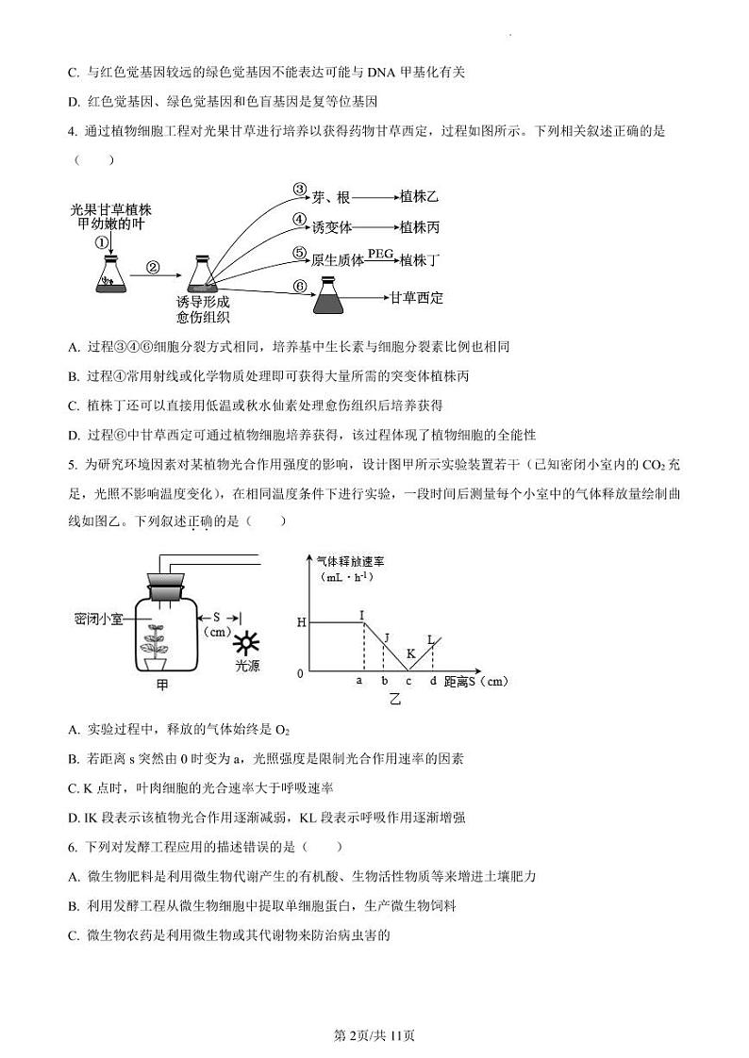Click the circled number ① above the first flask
pos(101,242)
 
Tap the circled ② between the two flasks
pos(155,267)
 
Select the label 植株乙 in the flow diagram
pos(419,197)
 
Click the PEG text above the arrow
pos(380,253)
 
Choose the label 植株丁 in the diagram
pos(420,260)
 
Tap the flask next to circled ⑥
pos(329,299)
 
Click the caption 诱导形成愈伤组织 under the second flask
pos(203,308)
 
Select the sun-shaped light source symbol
pos(248,645)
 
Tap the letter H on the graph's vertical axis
pos(301,622)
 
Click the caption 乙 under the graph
pos(395,699)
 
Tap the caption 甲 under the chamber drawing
pos(162,686)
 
